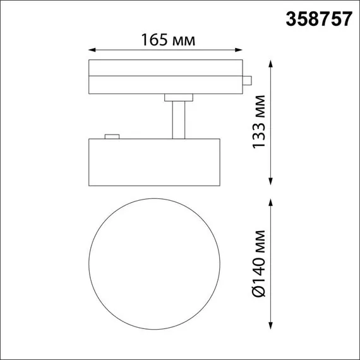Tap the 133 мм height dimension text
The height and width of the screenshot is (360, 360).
tap(258, 123)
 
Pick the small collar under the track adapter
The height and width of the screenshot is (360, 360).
tap(179, 97)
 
